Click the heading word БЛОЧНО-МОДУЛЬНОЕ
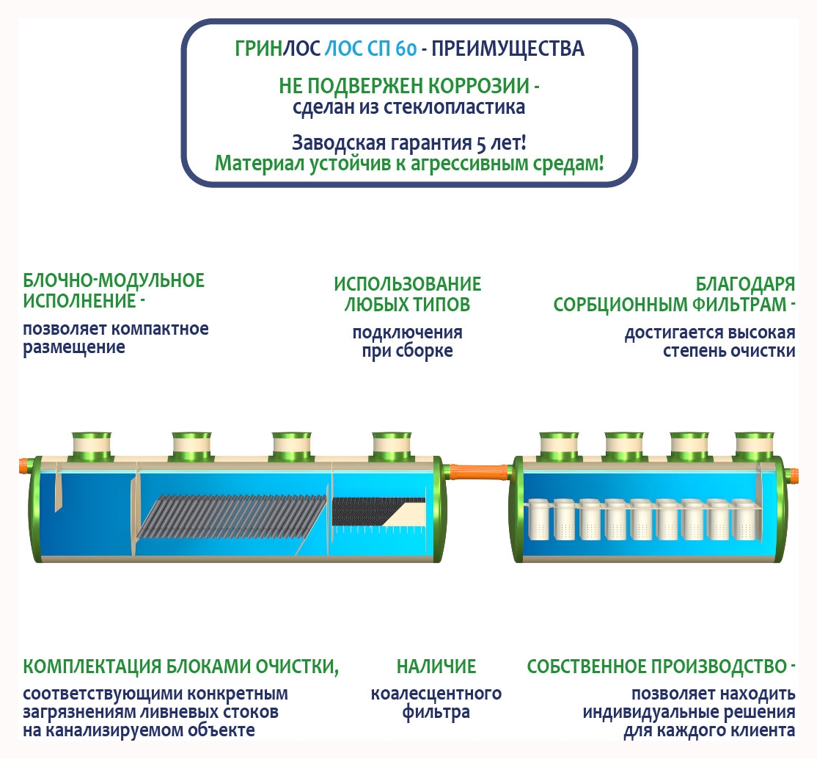coord(114,280)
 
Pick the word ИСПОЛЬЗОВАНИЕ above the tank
coord(408,284)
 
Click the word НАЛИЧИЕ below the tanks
coord(436,667)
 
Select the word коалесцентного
coord(436,694)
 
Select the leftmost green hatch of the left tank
coord(92,445)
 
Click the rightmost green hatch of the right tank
coord(754,445)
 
